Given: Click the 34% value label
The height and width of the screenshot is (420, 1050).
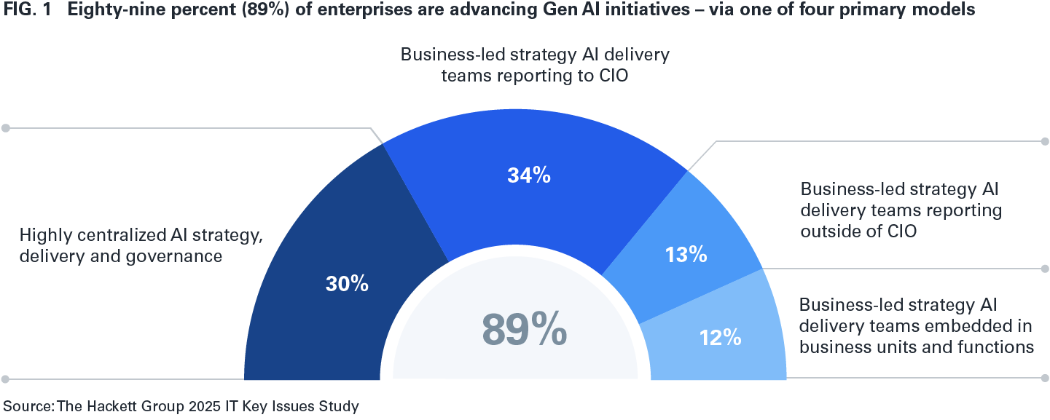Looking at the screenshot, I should point(528,175).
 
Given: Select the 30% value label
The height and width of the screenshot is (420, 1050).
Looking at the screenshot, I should point(347,284).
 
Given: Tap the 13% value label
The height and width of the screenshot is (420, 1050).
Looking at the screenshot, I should point(686,254).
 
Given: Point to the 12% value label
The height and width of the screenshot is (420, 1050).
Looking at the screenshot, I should point(721,337).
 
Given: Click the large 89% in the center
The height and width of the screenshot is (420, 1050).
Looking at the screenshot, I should point(524,330).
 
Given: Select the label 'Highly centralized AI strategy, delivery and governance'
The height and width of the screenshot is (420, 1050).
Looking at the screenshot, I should point(141,245).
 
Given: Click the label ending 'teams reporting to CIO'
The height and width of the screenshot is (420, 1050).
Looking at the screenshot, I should point(535,65).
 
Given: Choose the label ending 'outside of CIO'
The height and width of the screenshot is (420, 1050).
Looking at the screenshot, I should point(901,211).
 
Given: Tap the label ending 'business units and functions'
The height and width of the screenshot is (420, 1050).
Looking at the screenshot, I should point(917,325).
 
